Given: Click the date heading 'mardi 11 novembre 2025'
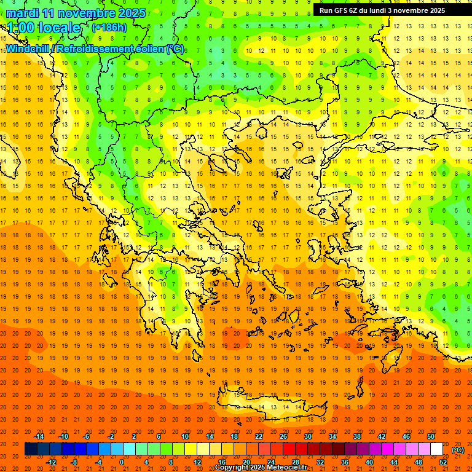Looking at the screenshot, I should [76, 13].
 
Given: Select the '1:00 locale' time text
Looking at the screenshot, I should [44, 28].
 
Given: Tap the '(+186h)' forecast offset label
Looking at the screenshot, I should [109, 28].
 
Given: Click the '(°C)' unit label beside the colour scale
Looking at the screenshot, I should [458, 450].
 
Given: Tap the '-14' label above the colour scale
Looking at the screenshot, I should [39, 436].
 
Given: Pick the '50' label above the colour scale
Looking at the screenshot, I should [431, 436].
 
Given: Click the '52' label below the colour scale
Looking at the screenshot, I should [443, 462].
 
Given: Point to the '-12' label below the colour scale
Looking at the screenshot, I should [51, 462].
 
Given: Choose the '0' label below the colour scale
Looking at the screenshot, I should [121, 462].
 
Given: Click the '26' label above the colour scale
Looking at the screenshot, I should [283, 436].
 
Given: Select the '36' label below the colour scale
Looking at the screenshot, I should [345, 462].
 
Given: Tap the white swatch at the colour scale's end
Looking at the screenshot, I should [437, 449].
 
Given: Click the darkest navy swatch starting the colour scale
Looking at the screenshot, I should [31, 449].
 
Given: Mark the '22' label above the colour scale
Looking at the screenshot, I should [259, 436].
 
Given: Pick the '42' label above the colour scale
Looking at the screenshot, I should [382, 436].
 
